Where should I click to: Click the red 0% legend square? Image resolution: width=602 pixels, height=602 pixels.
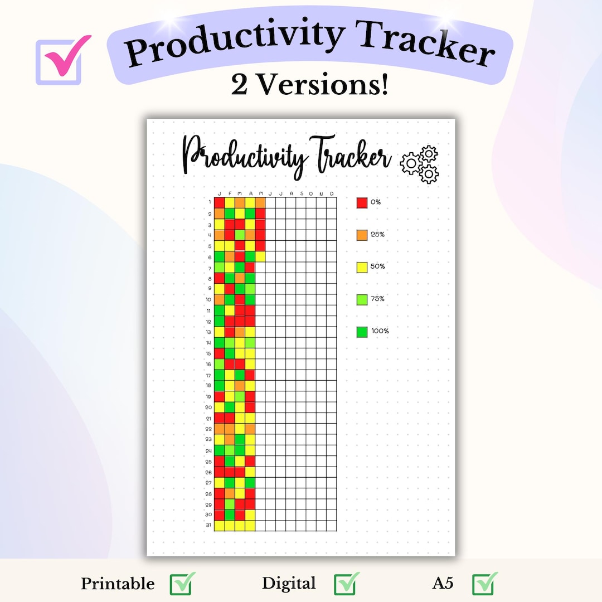tap(362, 202)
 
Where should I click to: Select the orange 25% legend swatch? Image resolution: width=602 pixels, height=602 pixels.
tap(362, 235)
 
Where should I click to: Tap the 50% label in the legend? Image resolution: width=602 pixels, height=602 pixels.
tap(378, 266)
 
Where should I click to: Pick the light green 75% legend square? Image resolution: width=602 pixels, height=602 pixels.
tap(362, 299)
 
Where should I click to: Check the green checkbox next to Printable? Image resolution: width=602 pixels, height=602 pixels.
tap(182, 584)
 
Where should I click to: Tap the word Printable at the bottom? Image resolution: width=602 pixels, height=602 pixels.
tap(118, 584)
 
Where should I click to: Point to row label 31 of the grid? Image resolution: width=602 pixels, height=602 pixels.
tap(208, 526)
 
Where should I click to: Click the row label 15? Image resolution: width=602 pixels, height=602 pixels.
tap(208, 353)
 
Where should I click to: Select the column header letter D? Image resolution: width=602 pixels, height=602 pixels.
tap(332, 193)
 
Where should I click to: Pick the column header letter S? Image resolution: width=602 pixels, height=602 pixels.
tap(301, 193)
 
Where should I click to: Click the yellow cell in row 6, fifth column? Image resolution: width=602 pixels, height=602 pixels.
tap(260, 256)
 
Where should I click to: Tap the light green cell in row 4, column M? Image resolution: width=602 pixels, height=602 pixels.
tap(240, 235)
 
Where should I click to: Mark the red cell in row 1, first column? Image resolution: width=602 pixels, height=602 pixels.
tap(219, 202)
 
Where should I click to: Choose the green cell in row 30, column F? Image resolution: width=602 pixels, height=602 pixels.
tap(230, 514)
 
